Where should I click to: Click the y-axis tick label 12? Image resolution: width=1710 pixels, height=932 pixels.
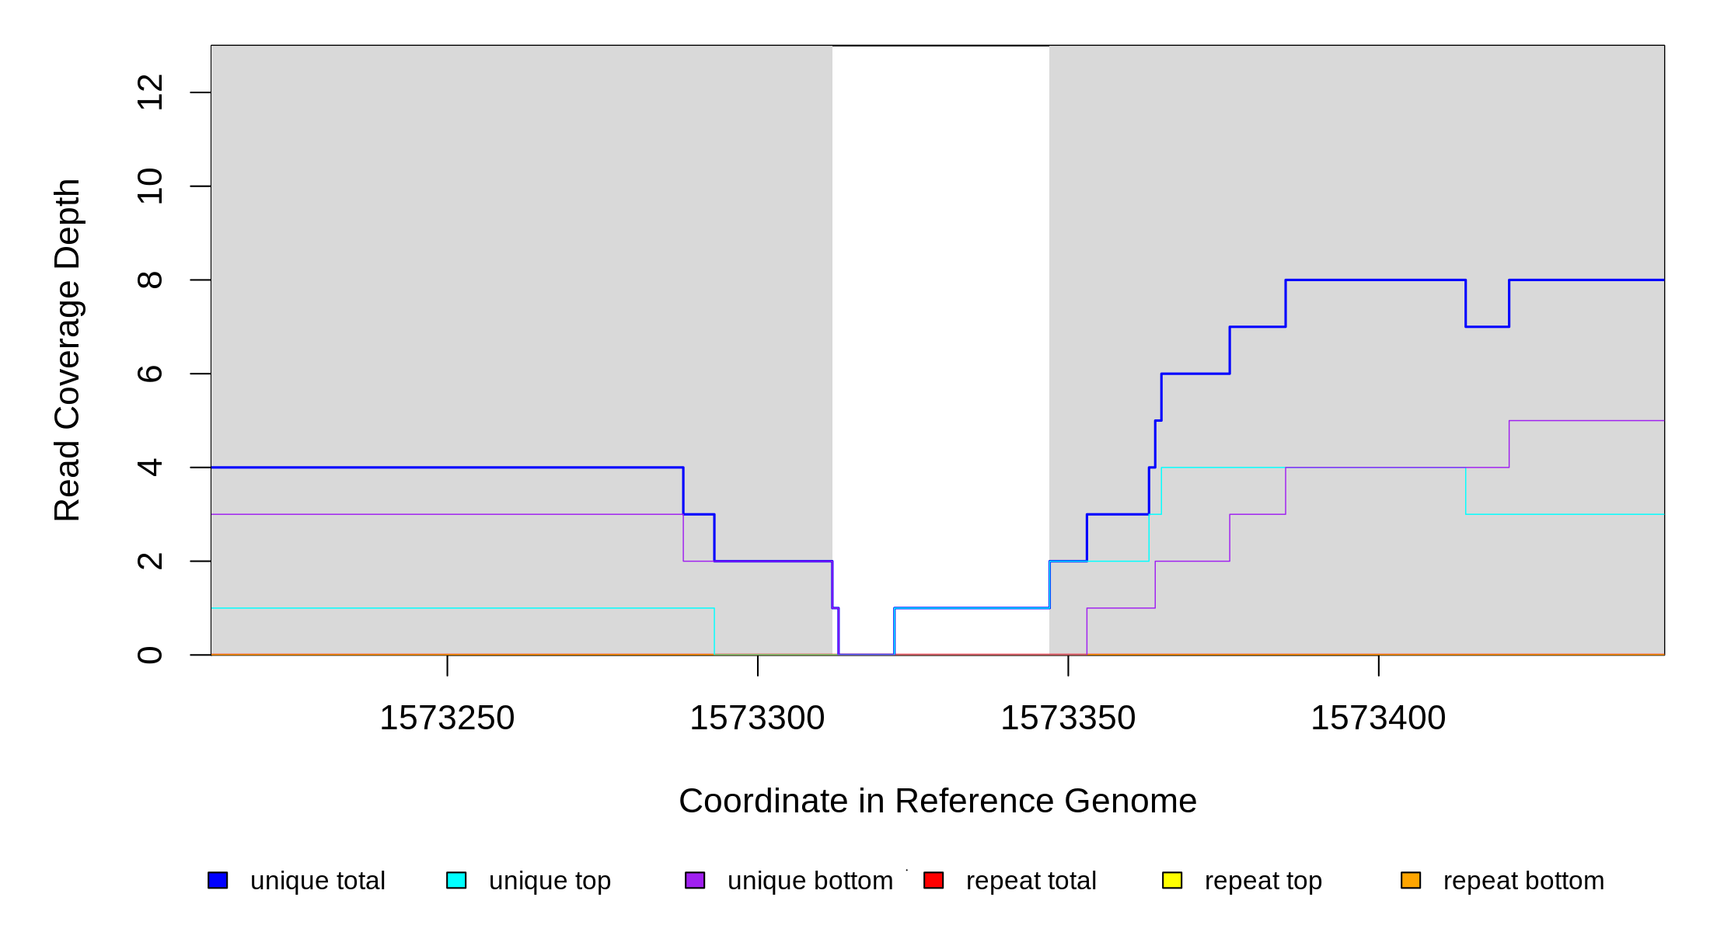(150, 92)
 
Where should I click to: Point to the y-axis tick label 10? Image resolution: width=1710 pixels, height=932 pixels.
(150, 186)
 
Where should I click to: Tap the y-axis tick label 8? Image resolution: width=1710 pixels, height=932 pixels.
(150, 280)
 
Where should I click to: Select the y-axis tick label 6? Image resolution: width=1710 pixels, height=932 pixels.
(150, 374)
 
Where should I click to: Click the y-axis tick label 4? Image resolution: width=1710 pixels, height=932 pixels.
(150, 468)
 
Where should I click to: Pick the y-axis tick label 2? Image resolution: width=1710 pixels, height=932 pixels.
(150, 561)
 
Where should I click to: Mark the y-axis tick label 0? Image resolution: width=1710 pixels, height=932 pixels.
(150, 655)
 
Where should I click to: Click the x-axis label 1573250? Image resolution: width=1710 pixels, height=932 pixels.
(447, 718)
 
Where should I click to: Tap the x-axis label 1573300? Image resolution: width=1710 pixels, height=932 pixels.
(758, 718)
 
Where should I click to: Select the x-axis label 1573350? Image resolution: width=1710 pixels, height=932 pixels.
(1068, 718)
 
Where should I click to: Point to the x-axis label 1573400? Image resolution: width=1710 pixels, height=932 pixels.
(1379, 718)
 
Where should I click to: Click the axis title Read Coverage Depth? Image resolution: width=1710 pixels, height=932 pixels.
(68, 350)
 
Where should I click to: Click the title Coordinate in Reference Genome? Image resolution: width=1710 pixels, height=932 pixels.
(937, 801)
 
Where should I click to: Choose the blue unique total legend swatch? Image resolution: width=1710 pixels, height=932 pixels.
(218, 880)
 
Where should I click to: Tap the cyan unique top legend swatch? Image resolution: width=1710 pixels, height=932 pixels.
(456, 880)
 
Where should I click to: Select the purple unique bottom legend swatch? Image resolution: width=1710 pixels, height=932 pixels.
(695, 880)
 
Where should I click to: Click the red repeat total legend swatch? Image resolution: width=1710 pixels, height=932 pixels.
(934, 880)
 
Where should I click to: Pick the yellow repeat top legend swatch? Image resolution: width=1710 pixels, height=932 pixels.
(1172, 880)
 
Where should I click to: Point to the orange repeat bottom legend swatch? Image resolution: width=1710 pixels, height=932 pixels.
(1411, 880)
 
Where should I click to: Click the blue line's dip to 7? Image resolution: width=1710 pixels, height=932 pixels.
(1488, 327)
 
